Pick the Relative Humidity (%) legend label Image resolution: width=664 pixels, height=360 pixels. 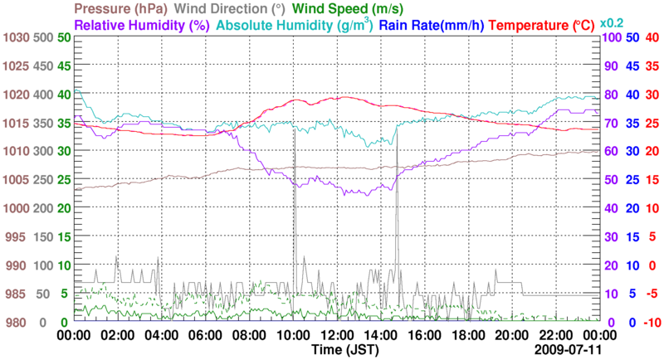(x=140, y=25)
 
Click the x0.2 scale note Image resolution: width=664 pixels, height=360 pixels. (x=613, y=23)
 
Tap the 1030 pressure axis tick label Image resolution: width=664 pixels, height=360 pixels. (x=16, y=37)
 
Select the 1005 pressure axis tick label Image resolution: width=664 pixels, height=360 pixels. (x=16, y=180)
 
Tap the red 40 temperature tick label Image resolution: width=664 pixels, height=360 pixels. (x=652, y=37)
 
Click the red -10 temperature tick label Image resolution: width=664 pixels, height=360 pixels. (x=652, y=322)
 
